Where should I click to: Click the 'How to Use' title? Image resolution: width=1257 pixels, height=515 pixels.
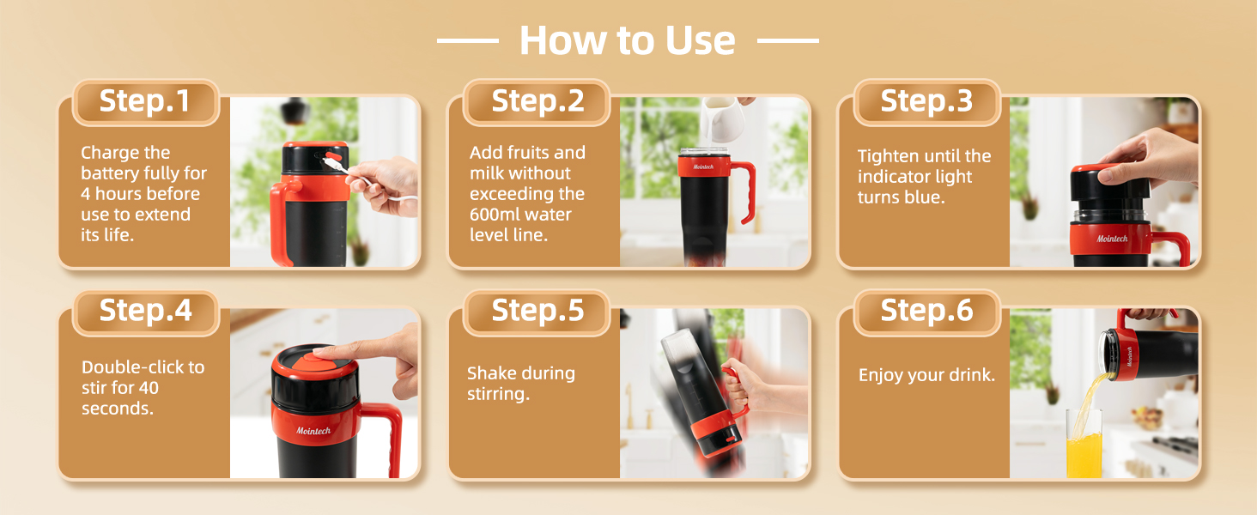(x=627, y=40)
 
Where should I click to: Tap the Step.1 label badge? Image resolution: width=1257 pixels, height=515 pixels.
(x=144, y=101)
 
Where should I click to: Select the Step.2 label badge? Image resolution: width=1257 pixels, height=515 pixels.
(x=536, y=101)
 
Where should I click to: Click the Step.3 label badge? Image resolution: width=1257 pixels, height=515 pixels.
(x=926, y=101)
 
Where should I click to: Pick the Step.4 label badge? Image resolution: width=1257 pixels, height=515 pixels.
(x=145, y=311)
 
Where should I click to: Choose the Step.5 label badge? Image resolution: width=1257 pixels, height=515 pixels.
(x=536, y=311)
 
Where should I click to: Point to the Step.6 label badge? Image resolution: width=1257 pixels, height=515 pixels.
(x=926, y=311)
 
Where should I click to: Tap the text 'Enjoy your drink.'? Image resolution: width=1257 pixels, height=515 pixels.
(x=926, y=376)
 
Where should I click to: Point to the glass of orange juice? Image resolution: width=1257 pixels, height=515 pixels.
(x=1084, y=445)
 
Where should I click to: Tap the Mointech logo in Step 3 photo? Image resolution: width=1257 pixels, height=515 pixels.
(x=1112, y=239)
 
